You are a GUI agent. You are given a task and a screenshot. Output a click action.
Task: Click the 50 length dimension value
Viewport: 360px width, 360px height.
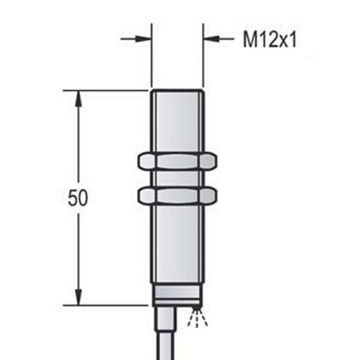pyautogui.click(x=77, y=198)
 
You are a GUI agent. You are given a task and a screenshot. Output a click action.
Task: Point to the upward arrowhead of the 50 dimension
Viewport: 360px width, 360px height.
pyautogui.click(x=78, y=98)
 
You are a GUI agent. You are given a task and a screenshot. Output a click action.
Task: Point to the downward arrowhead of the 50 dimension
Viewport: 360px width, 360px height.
pyautogui.click(x=78, y=297)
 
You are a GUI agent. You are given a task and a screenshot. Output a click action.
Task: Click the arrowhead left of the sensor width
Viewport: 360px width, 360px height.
pyautogui.click(x=143, y=40)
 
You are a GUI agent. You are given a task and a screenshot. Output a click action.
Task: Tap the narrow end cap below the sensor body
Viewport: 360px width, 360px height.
pyautogui.click(x=176, y=295)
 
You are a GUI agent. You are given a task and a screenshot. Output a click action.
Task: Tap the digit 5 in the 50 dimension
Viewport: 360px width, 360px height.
pyautogui.click(x=72, y=198)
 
